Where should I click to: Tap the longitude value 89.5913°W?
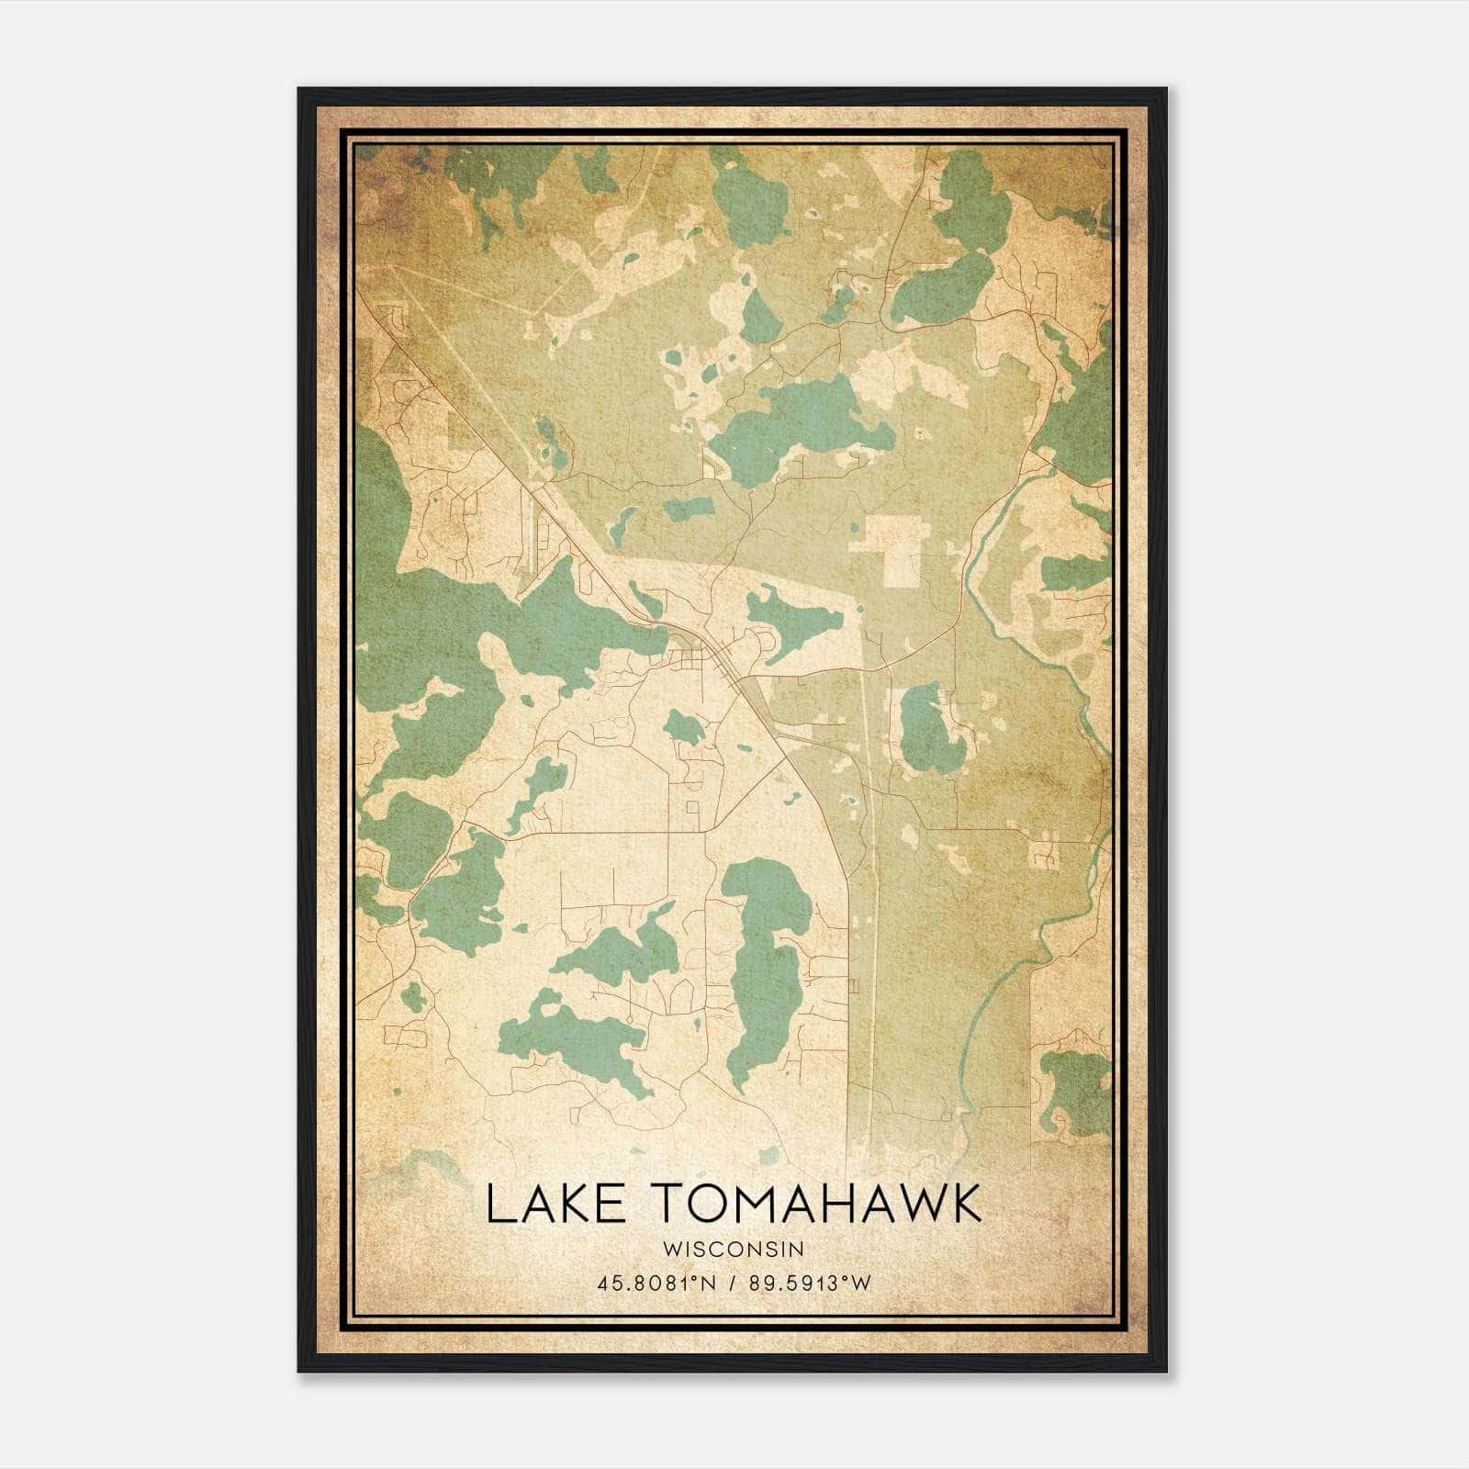click(808, 1284)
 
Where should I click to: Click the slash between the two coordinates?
click(730, 1284)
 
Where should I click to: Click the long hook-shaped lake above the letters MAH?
click(769, 973)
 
